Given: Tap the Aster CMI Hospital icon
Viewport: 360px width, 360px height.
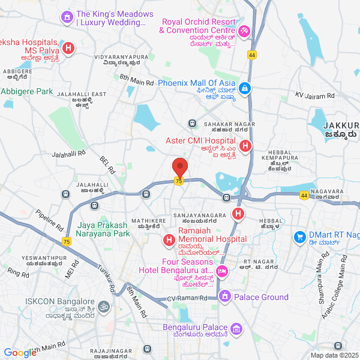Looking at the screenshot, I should tap(245, 146).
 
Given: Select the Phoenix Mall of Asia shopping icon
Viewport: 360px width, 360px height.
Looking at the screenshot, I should tap(244, 89).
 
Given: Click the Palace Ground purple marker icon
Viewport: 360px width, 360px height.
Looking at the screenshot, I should tap(225, 296).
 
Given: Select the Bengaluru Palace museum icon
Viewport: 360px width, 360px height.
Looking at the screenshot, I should tap(237, 328).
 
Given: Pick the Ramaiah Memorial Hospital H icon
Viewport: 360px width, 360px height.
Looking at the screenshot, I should tap(169, 242).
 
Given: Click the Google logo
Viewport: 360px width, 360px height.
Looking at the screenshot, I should tap(20, 353).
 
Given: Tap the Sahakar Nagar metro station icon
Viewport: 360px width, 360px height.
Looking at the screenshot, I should tap(192, 123).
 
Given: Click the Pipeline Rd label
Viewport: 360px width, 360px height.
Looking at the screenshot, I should tap(49, 220).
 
